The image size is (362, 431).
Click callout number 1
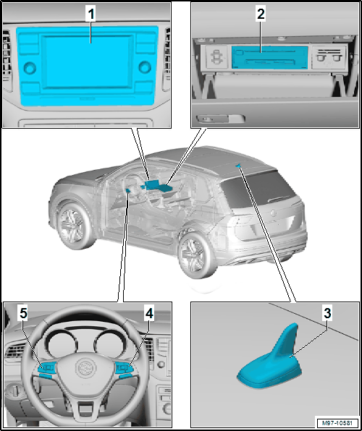click(90, 15)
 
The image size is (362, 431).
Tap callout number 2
click(261, 15)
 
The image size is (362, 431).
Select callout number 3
click(327, 314)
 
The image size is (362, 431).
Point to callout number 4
click(149, 314)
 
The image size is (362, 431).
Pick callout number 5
click(24, 314)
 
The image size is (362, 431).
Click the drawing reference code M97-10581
click(338, 422)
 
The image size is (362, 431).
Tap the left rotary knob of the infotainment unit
click(30, 68)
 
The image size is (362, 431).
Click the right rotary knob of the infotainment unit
click(145, 67)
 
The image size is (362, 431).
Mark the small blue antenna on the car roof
click(237, 166)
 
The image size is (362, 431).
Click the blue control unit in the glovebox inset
click(269, 58)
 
